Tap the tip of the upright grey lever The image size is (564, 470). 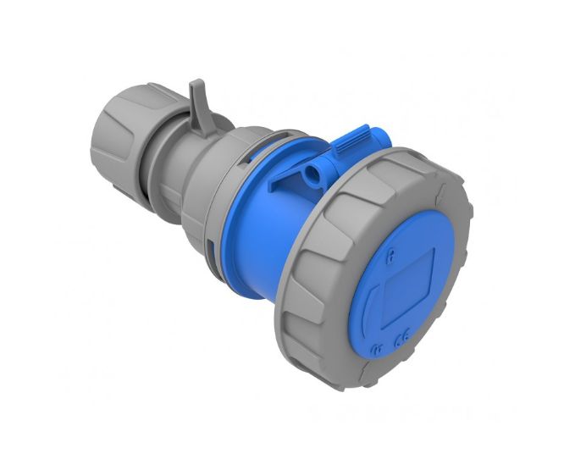pyautogui.click(x=195, y=86)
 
